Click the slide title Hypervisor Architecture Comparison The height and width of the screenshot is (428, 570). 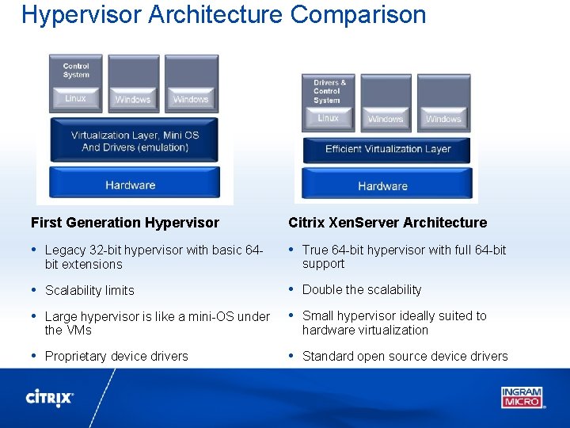tap(224, 14)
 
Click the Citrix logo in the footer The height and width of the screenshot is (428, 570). tap(50, 397)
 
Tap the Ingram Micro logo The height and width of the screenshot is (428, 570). tap(522, 396)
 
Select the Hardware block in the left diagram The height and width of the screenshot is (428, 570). tap(131, 185)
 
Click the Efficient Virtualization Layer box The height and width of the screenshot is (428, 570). tap(387, 149)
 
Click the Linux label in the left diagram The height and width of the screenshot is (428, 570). tap(76, 98)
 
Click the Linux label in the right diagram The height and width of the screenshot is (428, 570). tap(328, 118)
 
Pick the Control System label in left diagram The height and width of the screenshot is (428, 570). tap(76, 71)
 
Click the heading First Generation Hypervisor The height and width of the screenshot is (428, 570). tap(125, 223)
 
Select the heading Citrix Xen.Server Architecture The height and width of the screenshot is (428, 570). tap(387, 223)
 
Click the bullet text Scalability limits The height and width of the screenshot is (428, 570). tap(89, 291)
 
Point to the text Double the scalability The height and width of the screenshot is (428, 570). tap(362, 290)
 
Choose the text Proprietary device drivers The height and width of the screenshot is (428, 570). tap(116, 357)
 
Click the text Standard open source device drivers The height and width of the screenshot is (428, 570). tap(405, 357)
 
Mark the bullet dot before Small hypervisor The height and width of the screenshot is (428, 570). tap(292, 315)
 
